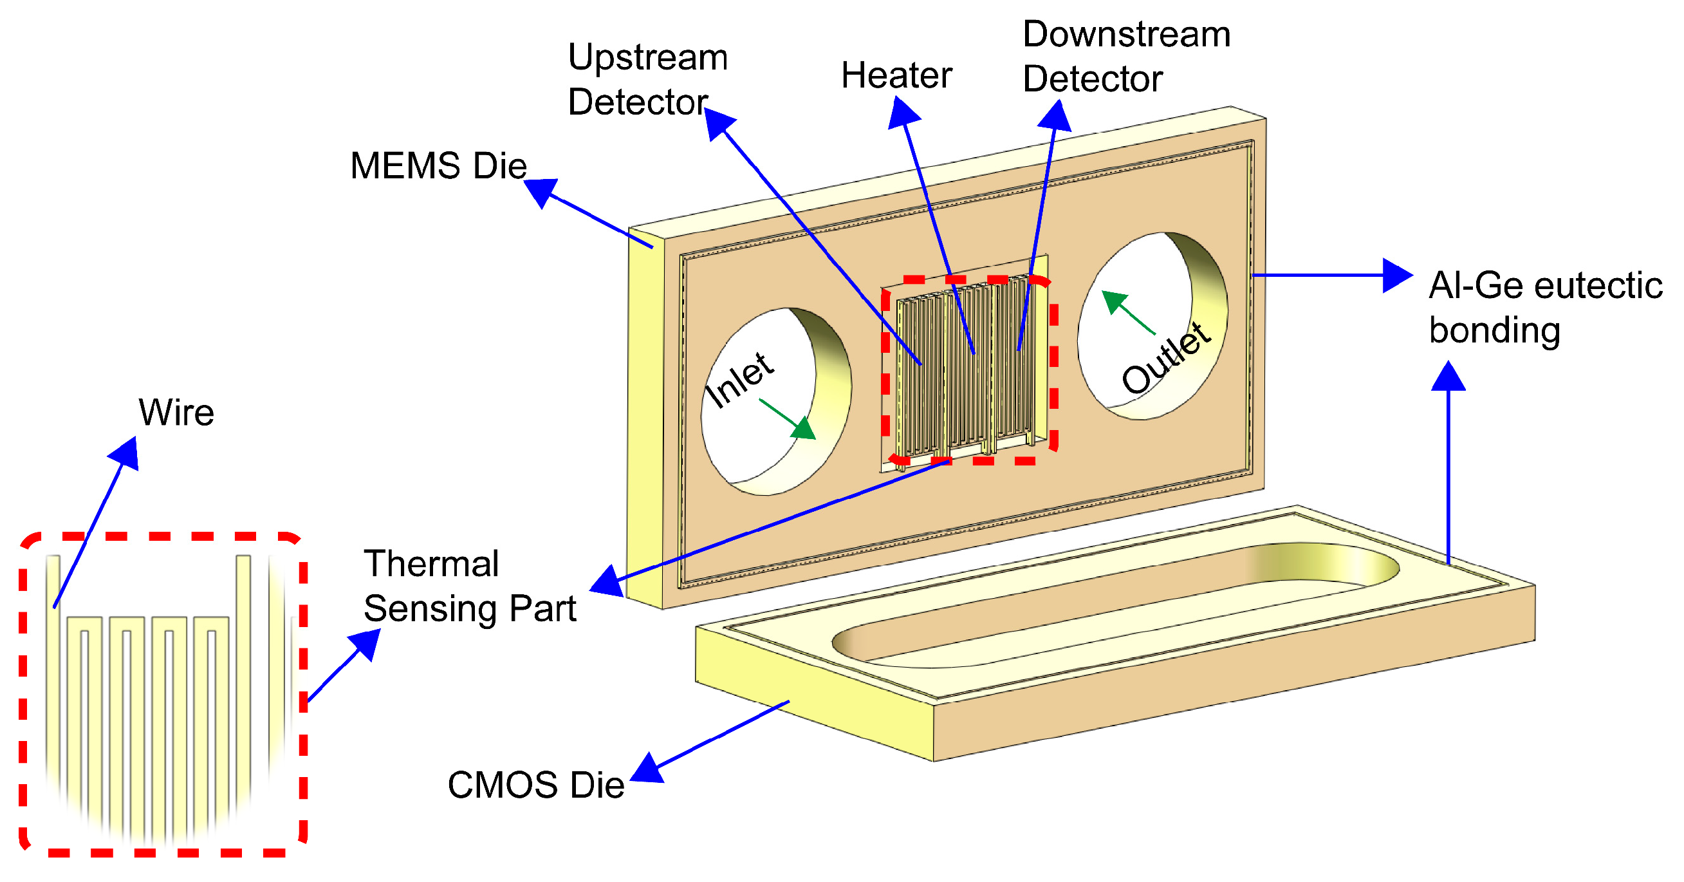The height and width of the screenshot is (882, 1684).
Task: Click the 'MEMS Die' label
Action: (x=438, y=166)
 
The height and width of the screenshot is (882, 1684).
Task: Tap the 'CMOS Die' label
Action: (x=535, y=785)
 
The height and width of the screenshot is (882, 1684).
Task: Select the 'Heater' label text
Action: (x=896, y=76)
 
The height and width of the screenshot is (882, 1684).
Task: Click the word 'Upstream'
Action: (x=647, y=57)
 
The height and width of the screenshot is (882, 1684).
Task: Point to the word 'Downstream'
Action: (x=1125, y=34)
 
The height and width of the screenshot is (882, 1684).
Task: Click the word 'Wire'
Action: (x=176, y=413)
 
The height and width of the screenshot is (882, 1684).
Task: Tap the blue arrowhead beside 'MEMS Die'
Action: (x=542, y=192)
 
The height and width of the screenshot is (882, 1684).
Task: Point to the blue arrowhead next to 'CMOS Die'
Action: (x=647, y=769)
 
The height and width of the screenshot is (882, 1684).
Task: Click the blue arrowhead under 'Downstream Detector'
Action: (x=1055, y=117)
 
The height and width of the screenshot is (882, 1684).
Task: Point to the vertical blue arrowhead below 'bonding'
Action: (x=1448, y=377)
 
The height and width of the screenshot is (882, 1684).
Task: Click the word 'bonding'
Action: (x=1494, y=330)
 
